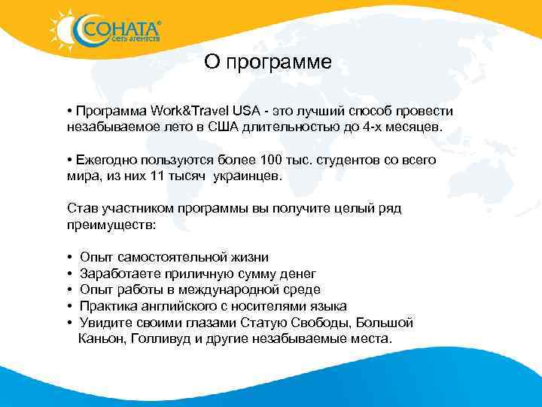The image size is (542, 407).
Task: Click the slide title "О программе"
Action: [x=267, y=63]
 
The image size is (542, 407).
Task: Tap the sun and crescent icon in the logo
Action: [x=65, y=29]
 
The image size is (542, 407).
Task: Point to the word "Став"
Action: [x=81, y=209]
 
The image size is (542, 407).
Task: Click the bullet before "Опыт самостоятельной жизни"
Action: [x=69, y=258]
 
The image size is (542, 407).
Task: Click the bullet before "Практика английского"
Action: [x=69, y=306]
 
